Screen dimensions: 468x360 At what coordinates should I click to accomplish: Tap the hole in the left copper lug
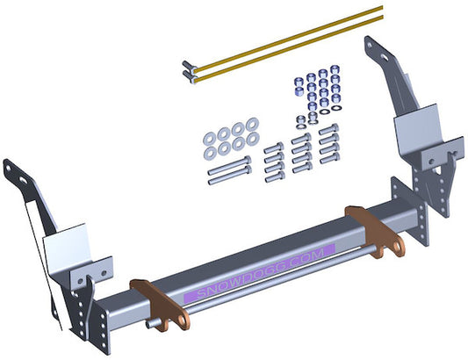182,320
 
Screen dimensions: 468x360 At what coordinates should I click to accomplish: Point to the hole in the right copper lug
397,247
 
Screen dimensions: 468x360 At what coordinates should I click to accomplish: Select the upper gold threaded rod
288,40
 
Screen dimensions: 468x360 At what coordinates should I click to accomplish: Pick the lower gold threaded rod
289,49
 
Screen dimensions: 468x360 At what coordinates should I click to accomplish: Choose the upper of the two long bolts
229,165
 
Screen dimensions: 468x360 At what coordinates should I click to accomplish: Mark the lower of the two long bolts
229,176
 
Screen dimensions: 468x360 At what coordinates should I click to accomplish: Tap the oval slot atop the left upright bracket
23,180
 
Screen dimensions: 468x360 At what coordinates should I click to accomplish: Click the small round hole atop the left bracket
8,168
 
